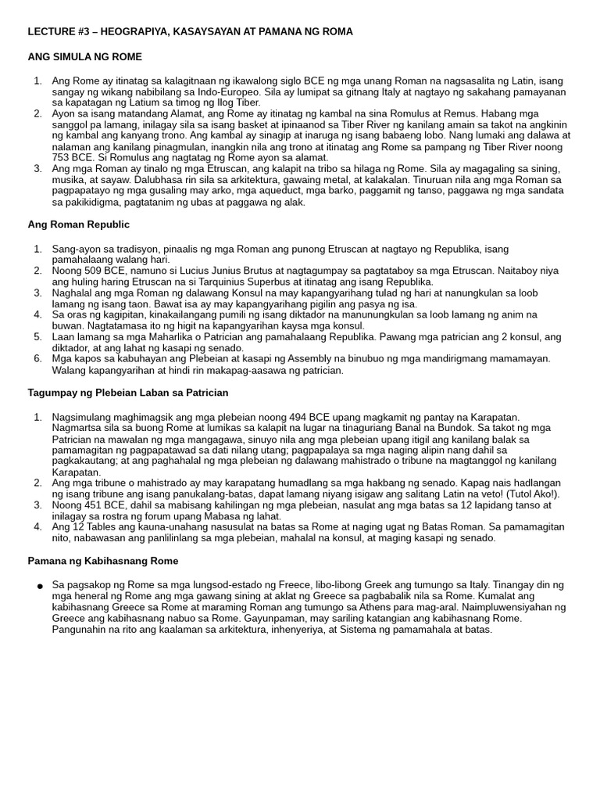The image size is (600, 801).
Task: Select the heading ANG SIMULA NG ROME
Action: [x=84, y=57]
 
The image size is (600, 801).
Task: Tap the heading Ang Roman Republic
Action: [x=78, y=224]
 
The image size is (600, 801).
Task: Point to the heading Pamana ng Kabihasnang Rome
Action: [x=103, y=561]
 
